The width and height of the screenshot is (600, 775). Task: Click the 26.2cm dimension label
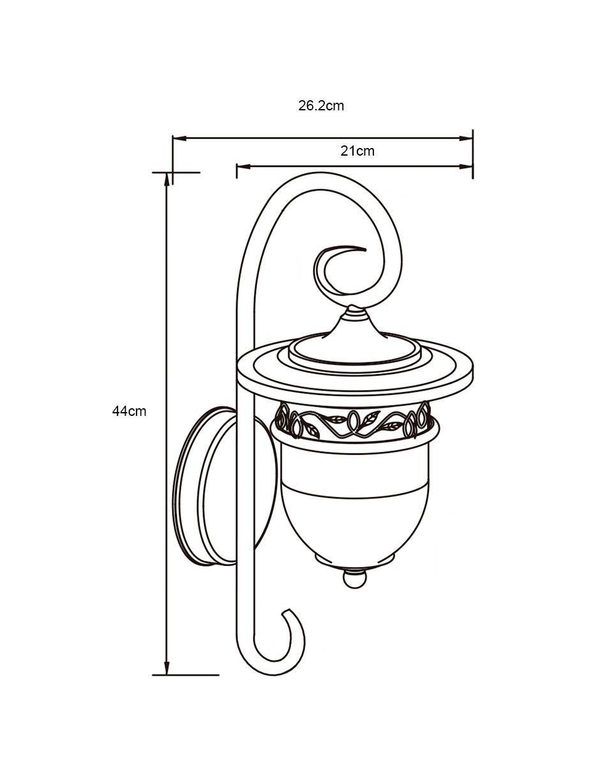pyautogui.click(x=320, y=106)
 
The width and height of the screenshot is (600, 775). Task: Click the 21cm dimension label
pyautogui.click(x=357, y=151)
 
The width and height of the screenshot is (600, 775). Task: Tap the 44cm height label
pyautogui.click(x=129, y=411)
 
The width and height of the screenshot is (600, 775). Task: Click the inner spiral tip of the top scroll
pyautogui.click(x=364, y=249)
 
